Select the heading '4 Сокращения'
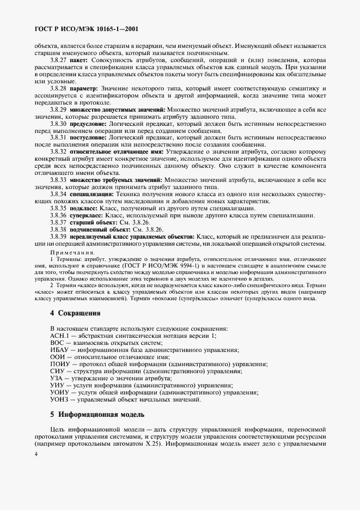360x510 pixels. coord(75,314)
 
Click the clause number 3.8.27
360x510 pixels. coord(58,60)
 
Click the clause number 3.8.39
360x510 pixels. coord(58,236)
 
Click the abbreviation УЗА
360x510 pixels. coord(58,379)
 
